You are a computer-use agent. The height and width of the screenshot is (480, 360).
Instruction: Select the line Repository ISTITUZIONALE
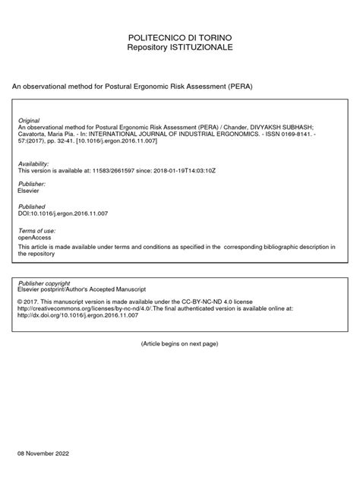pyautogui.click(x=179, y=47)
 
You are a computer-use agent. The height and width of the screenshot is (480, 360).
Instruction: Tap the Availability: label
pyautogui.click(x=33, y=164)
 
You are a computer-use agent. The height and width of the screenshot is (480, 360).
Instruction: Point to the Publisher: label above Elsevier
pyautogui.click(x=31, y=185)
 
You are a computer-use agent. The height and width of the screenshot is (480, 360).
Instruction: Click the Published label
pyautogui.click(x=32, y=207)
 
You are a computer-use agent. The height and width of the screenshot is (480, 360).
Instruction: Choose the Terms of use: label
pyautogui.click(x=35, y=229)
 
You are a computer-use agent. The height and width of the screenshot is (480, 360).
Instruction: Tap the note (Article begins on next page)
pyautogui.click(x=179, y=344)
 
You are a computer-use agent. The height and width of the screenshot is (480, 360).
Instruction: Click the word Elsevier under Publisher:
pyautogui.click(x=29, y=191)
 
